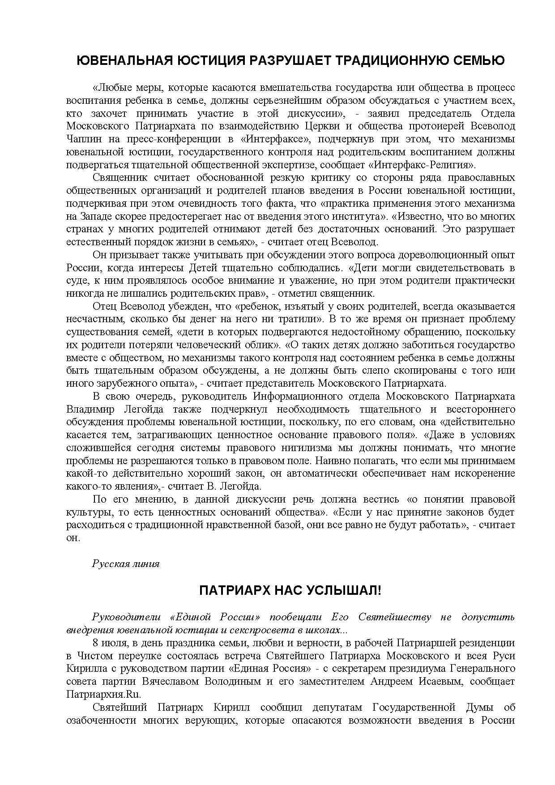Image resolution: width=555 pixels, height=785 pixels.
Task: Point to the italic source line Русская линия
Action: click(125, 563)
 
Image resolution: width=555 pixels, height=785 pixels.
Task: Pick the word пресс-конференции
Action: click(173, 139)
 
